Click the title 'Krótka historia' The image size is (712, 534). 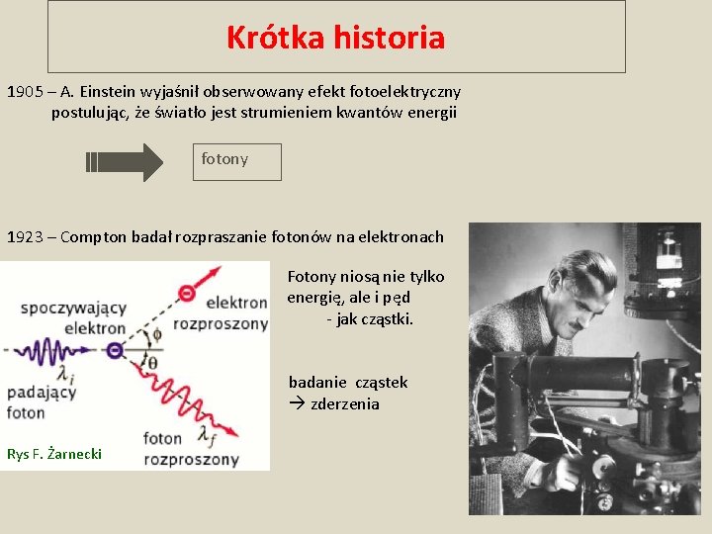click(335, 38)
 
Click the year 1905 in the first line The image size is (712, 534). click(25, 92)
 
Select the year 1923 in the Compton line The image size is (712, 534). click(25, 237)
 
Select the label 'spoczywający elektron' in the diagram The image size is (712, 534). click(73, 317)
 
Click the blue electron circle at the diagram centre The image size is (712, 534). click(115, 350)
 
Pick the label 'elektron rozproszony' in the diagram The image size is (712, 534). click(222, 312)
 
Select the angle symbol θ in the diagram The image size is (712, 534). click(151, 362)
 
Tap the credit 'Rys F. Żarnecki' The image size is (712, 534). click(54, 454)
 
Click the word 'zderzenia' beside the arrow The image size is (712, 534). click(345, 403)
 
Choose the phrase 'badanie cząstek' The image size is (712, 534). click(348, 383)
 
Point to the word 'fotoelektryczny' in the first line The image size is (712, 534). click(403, 92)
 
